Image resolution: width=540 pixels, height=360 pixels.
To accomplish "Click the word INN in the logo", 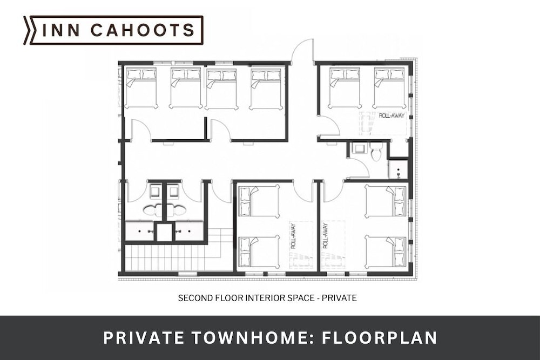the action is [x=61, y=30].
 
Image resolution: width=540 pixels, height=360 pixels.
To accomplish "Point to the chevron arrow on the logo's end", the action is [x=27, y=30].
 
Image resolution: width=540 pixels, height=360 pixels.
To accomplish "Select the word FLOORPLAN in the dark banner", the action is [x=380, y=338].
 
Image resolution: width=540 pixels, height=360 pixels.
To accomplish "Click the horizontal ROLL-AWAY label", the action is [x=391, y=116].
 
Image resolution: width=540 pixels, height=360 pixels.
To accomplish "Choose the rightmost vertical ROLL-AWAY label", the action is [x=325, y=236].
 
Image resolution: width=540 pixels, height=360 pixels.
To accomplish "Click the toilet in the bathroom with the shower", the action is [x=376, y=152].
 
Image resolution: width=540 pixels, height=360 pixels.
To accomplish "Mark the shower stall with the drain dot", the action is [x=398, y=169].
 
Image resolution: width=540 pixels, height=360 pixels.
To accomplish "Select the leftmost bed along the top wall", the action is [x=141, y=88].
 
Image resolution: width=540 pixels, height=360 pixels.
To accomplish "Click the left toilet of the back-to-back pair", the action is [x=153, y=210].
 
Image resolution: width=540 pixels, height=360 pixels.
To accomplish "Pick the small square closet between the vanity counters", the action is [x=164, y=232].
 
